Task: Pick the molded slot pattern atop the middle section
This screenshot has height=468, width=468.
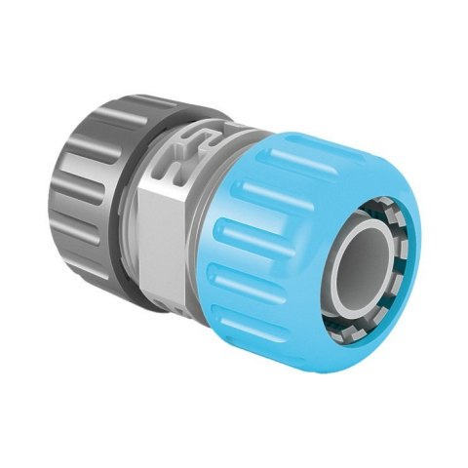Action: pos(195,136)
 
